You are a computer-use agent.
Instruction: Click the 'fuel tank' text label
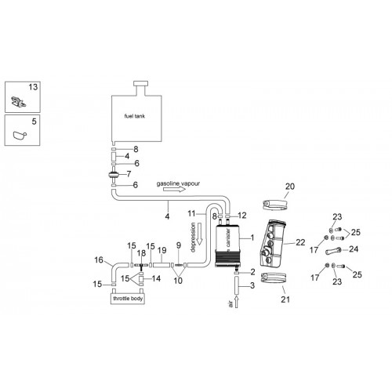tap(135, 116)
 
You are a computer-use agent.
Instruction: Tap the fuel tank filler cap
tap(140, 84)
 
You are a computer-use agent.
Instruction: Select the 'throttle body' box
tap(128, 299)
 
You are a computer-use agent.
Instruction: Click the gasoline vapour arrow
tap(174, 189)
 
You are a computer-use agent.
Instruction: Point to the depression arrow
tap(200, 234)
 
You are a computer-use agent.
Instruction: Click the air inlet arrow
tap(237, 302)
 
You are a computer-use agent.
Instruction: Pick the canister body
tap(227, 245)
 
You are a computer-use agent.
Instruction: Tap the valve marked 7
tap(114, 174)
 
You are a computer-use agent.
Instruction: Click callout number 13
tap(33, 87)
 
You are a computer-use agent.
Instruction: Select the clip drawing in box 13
tap(18, 101)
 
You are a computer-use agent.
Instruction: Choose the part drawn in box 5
tap(20, 136)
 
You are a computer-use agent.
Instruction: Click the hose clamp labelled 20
tap(275, 205)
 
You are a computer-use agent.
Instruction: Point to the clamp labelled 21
tap(274, 278)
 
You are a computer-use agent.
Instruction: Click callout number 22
tap(300, 242)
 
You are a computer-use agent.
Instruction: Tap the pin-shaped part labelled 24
tap(333, 251)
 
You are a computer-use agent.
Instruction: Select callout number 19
tap(162, 250)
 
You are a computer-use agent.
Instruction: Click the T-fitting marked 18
tap(141, 266)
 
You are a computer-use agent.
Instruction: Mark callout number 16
tap(99, 260)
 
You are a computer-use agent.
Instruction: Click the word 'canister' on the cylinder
tap(228, 238)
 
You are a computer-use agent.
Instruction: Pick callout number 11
tap(191, 213)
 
